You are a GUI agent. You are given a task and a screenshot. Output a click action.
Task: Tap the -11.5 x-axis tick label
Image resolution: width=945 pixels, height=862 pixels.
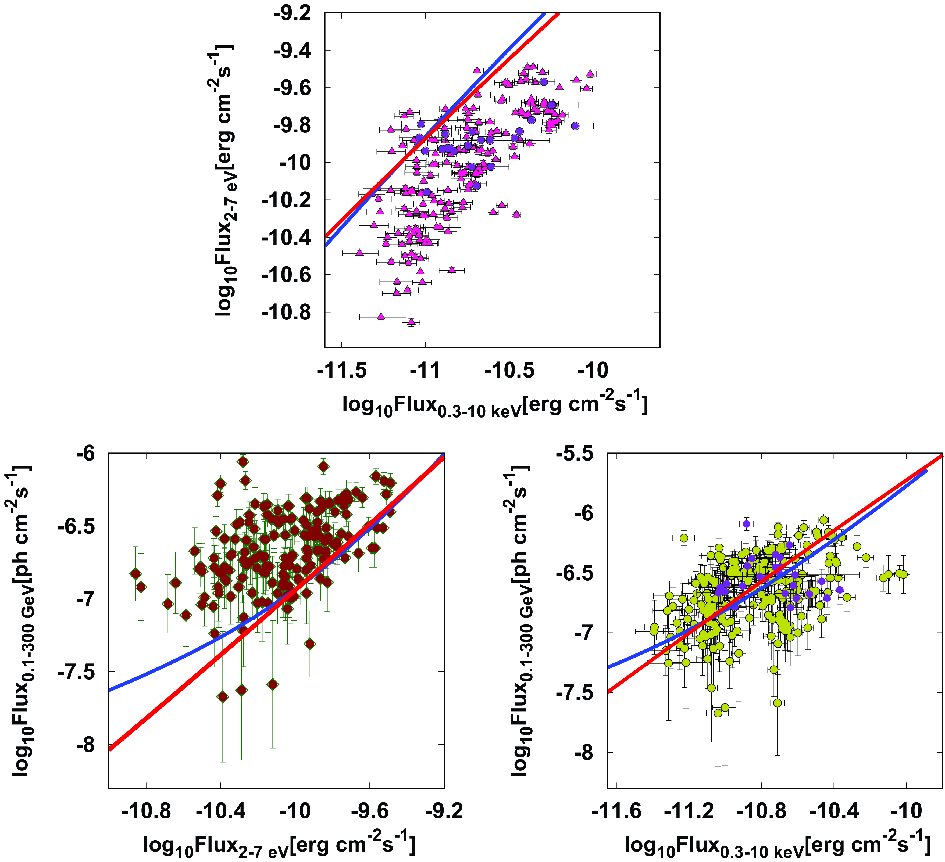pyautogui.click(x=342, y=371)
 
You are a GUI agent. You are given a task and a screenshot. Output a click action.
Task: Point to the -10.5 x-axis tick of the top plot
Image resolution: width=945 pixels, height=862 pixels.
pyautogui.click(x=509, y=371)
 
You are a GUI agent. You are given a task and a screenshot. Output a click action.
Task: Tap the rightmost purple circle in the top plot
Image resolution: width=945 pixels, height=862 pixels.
pyautogui.click(x=575, y=125)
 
